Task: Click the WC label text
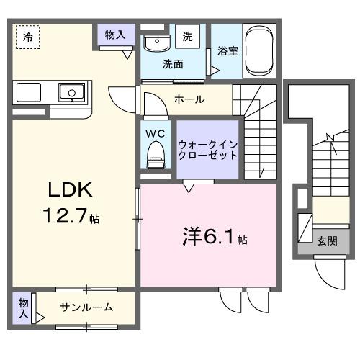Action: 156,133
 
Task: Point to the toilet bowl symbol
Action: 156,153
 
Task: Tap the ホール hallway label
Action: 189,99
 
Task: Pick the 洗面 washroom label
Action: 172,64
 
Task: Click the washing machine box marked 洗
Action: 187,36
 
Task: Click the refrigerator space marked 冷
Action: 27,36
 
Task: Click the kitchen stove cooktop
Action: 29,93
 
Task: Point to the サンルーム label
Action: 86,307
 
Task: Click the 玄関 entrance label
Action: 325,241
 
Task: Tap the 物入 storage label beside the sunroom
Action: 23,307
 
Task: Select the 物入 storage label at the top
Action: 115,34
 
